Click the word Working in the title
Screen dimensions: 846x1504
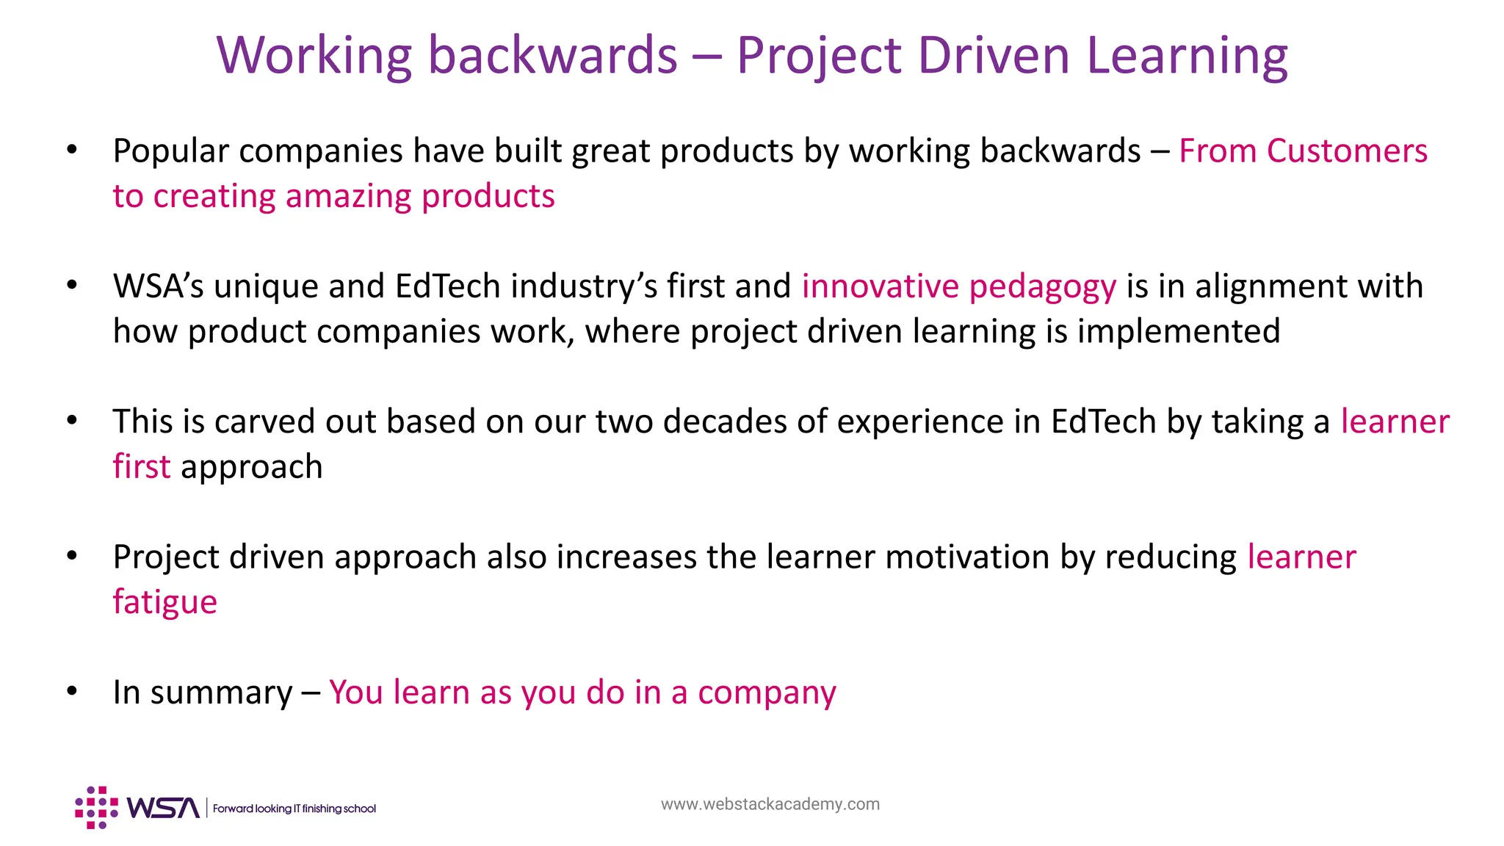(x=314, y=56)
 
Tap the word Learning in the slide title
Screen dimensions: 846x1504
(x=1187, y=56)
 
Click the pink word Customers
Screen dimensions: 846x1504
(x=1347, y=151)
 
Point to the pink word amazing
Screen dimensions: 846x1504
(x=347, y=197)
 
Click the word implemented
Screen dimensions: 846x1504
(x=1179, y=332)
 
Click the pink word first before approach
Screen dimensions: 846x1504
(x=141, y=467)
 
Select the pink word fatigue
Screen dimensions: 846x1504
(x=164, y=603)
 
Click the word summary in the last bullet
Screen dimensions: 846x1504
(x=221, y=693)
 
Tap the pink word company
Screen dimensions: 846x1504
(x=767, y=693)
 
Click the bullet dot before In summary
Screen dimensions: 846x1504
(x=71, y=692)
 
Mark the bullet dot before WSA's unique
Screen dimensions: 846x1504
(x=71, y=286)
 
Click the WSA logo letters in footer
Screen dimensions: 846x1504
(x=163, y=808)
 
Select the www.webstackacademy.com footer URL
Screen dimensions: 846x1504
(x=770, y=804)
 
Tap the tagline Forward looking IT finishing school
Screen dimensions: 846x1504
(x=294, y=809)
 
